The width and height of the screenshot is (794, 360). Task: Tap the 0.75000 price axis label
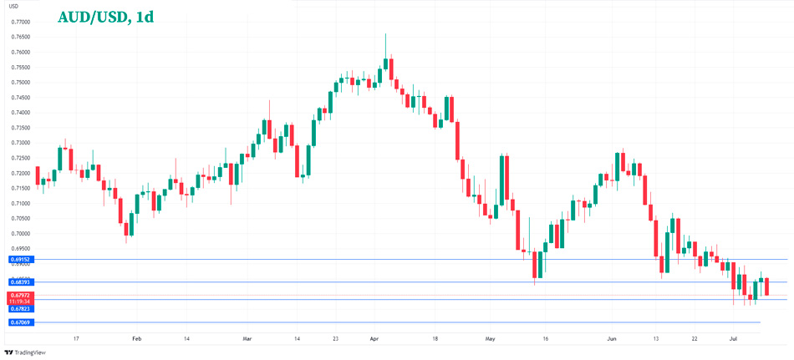[21, 82]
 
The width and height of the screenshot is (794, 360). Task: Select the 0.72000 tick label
[21, 173]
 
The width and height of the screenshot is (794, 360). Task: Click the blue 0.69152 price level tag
[21, 260]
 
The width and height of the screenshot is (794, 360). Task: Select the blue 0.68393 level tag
[21, 282]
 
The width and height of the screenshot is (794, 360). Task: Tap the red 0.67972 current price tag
[21, 295]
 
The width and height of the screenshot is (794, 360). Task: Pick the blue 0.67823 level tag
[21, 309]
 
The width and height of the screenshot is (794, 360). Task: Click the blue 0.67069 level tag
[21, 322]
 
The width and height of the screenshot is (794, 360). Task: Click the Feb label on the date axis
[137, 338]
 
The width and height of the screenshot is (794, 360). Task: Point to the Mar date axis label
[247, 338]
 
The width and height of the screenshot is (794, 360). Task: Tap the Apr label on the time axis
[374, 338]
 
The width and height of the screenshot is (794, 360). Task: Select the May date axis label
[490, 338]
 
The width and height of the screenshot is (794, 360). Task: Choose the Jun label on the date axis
[611, 338]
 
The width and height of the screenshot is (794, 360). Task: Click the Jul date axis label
[732, 338]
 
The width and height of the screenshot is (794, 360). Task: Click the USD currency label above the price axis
[13, 7]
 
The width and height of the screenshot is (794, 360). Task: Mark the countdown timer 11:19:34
[21, 302]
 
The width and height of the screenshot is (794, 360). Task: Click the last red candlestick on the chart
[767, 286]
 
